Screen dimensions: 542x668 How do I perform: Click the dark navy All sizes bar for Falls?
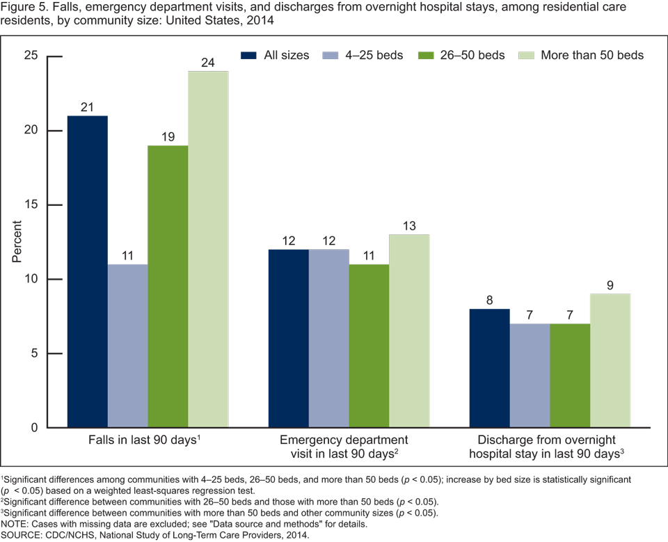[x=88, y=271]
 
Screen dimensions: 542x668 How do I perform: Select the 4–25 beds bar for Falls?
[x=127, y=346]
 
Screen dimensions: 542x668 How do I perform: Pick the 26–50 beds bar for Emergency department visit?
[x=369, y=346]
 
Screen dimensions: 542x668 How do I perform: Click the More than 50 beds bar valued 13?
[x=409, y=331]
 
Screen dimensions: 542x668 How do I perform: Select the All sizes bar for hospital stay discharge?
[x=490, y=368]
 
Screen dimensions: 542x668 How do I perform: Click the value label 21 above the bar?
[x=88, y=106]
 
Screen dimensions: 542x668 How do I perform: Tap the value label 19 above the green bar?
[x=168, y=136]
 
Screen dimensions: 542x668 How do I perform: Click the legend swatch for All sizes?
[x=249, y=55]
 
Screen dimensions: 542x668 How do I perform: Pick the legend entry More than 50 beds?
[x=581, y=55]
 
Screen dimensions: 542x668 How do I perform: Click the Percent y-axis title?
[x=17, y=241]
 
